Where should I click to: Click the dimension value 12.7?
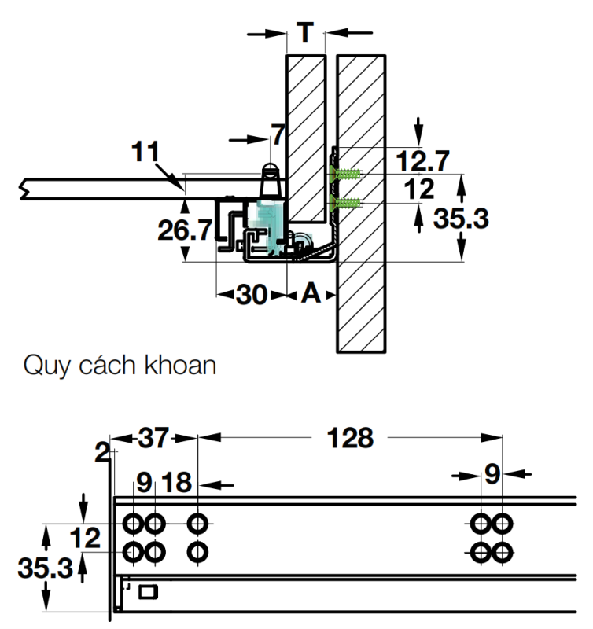pos(422,161)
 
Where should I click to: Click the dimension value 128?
pos(352,439)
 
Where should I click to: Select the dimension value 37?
pos(154,439)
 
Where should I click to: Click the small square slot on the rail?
pos(148,590)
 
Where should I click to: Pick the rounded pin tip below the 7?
pos(270,169)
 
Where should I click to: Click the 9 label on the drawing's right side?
pos(492,476)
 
